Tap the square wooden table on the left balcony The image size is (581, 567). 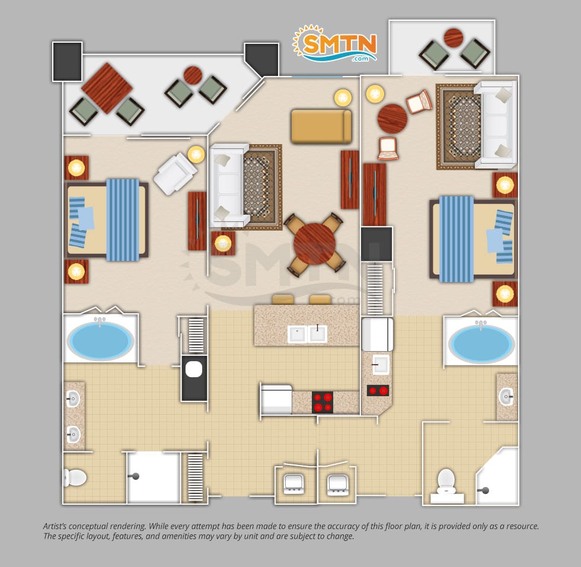tap(107, 88)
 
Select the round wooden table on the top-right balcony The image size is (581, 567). tap(453, 37)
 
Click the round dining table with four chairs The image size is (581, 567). tap(315, 244)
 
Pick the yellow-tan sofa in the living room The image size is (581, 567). tap(321, 126)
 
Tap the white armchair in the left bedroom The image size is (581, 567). tap(175, 174)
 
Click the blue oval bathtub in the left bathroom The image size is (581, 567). tap(100, 340)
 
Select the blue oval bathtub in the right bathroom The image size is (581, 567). tap(481, 343)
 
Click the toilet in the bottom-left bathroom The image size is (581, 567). tap(75, 477)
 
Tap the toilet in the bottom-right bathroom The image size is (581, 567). tap(446, 480)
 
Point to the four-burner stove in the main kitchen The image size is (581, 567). tap(322, 403)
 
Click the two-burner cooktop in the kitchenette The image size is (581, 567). tap(378, 391)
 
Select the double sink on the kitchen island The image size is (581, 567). tap(307, 334)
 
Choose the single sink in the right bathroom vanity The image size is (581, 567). tap(506, 397)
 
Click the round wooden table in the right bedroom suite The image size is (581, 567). tap(392, 119)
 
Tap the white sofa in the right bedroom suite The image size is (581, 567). tap(496, 125)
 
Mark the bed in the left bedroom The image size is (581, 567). tap(107, 220)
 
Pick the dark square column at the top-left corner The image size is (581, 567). tap(67, 62)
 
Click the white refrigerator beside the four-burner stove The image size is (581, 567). tap(276, 400)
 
